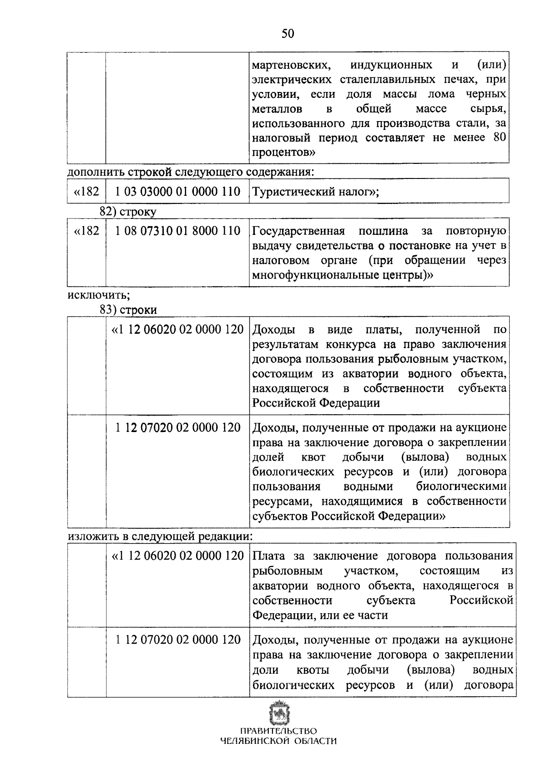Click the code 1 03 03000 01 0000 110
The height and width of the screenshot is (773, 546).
pyautogui.click(x=177, y=192)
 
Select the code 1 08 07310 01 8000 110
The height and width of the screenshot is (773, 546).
pyautogui.click(x=177, y=231)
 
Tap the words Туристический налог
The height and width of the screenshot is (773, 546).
pyautogui.click(x=313, y=192)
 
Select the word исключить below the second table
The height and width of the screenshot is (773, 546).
pyautogui.click(x=98, y=295)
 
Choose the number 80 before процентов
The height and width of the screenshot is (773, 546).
pyautogui.click(x=499, y=137)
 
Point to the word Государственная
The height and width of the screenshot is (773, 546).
pyautogui.click(x=298, y=231)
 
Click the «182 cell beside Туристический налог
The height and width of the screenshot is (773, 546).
pyautogui.click(x=86, y=192)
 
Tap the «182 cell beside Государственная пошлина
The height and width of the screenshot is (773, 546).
pyautogui.click(x=86, y=231)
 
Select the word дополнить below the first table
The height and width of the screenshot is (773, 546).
pyautogui.click(x=96, y=173)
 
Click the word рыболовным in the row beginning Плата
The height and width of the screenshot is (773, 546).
pyautogui.click(x=288, y=571)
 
